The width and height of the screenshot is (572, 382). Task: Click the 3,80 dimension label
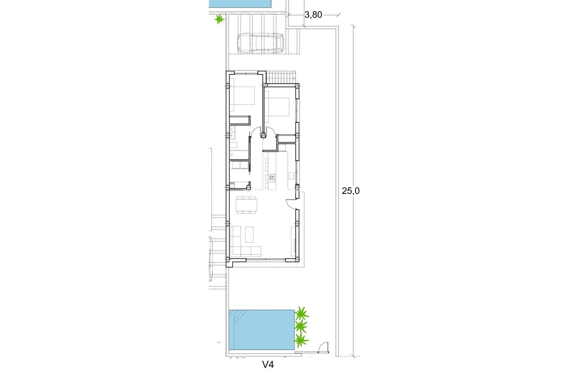[313, 15]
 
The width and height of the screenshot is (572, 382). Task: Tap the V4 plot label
[268, 364]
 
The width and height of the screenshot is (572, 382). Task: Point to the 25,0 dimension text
[351, 191]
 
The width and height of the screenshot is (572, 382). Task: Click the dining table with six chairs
[246, 205]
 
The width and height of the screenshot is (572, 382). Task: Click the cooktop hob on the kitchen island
[272, 178]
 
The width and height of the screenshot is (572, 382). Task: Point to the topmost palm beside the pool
[301, 314]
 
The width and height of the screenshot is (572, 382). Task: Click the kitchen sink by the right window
[291, 175]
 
